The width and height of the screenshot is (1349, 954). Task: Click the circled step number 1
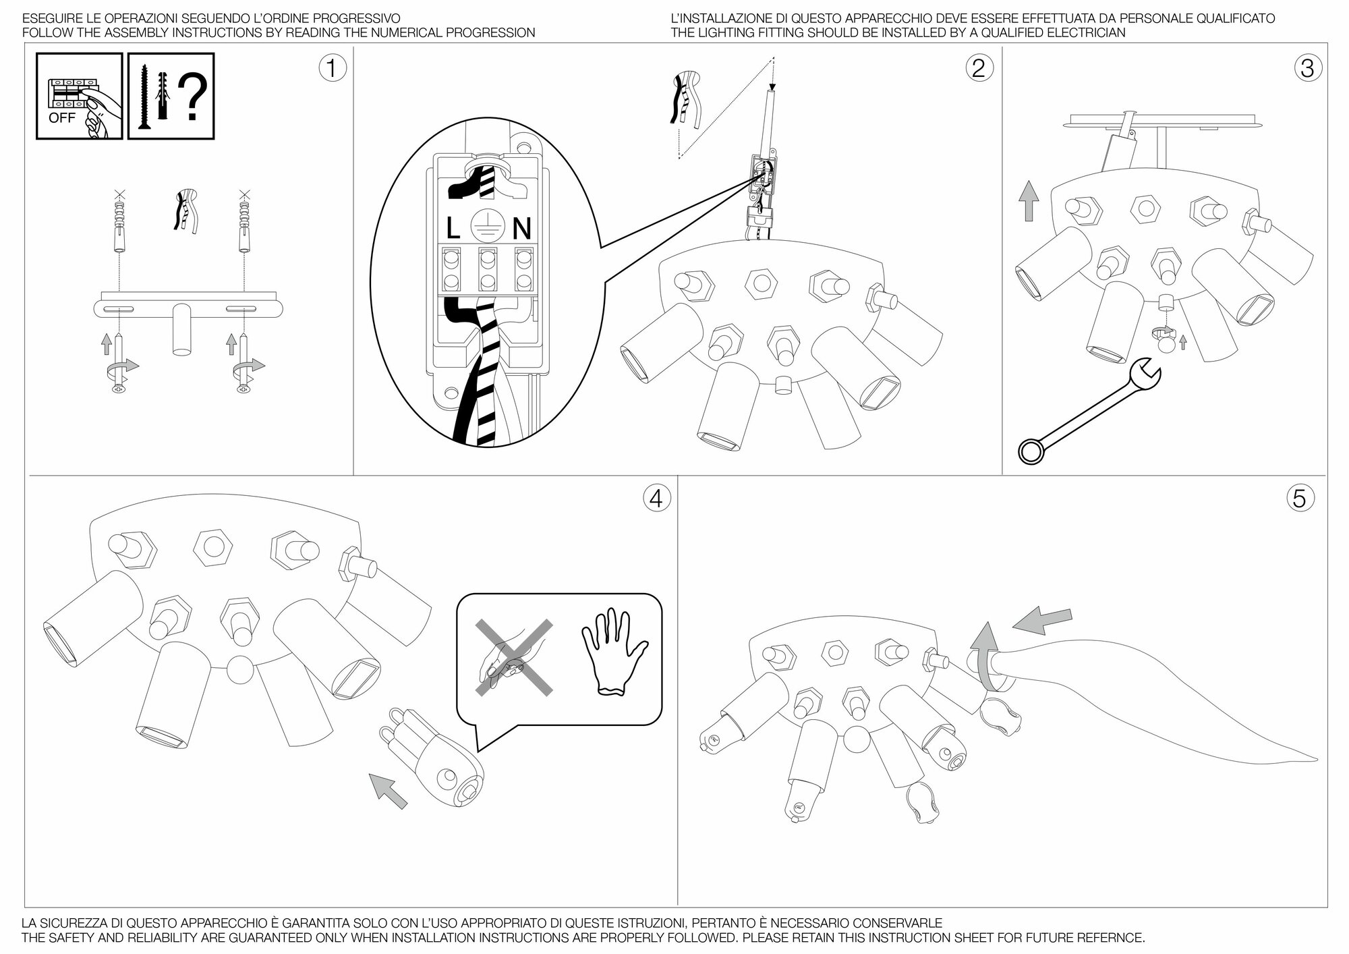331,68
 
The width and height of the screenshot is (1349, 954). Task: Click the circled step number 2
979,68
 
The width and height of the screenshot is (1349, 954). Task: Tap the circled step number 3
1308,68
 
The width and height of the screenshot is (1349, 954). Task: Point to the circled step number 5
1300,499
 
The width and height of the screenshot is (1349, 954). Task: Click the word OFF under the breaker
62,119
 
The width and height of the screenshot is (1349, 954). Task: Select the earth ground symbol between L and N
487,223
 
